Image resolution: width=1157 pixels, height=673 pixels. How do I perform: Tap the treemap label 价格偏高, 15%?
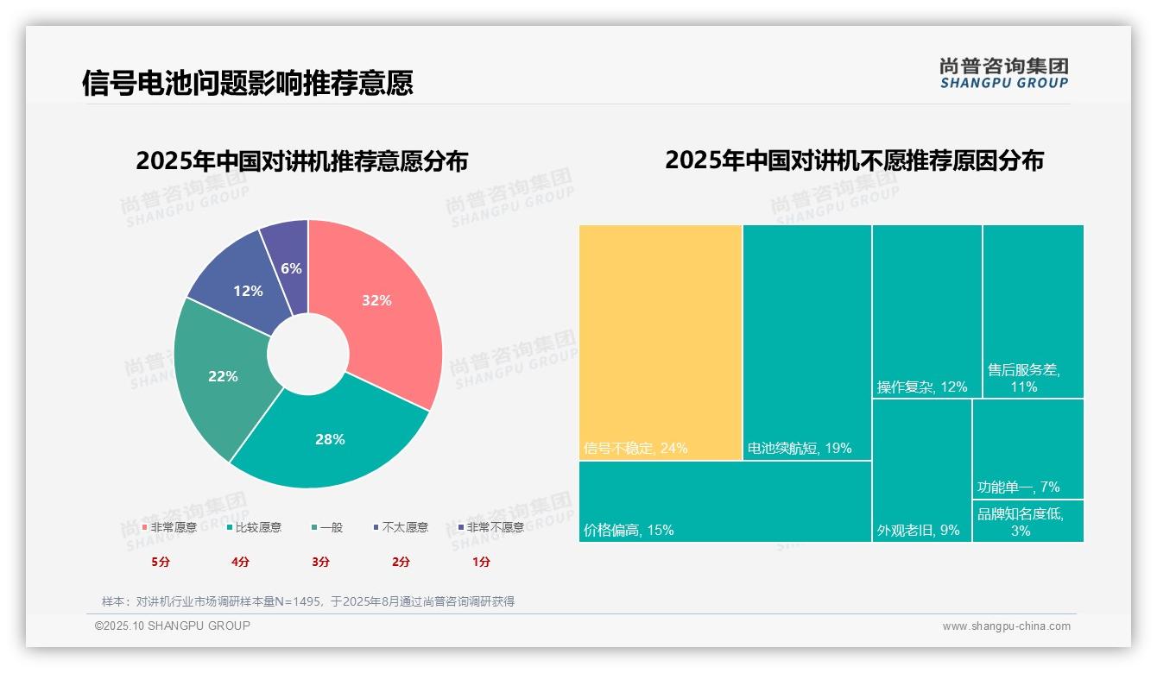(629, 530)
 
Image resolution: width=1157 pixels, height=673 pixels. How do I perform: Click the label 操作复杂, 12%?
(922, 387)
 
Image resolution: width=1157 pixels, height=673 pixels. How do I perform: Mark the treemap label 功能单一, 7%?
(1019, 487)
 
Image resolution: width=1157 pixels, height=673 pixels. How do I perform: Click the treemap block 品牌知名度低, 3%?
(1027, 521)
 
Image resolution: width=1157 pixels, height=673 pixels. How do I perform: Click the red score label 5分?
(161, 562)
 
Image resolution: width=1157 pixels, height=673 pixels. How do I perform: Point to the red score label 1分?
(481, 562)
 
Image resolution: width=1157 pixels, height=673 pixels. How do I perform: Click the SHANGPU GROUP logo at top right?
(1004, 73)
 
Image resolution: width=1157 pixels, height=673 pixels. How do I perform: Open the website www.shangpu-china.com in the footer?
(1006, 626)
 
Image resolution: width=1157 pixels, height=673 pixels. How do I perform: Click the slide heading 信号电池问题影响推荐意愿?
(248, 83)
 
